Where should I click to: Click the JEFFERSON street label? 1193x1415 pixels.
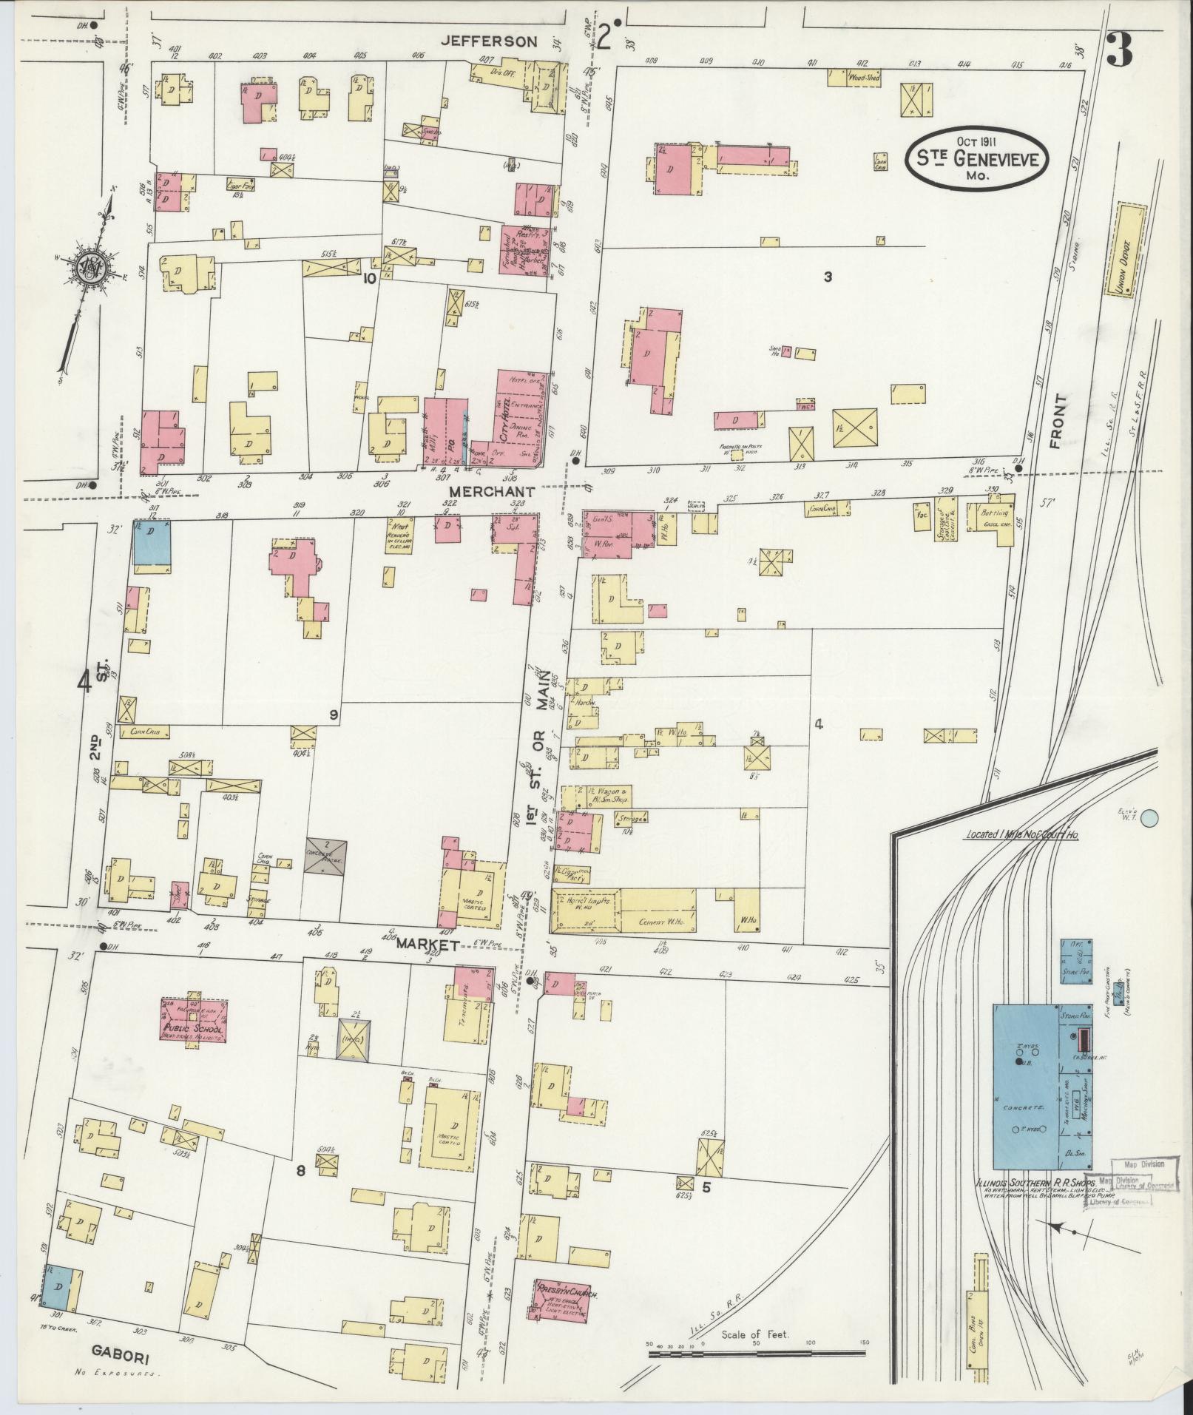tap(488, 42)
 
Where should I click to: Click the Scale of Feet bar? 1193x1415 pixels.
tap(756, 1353)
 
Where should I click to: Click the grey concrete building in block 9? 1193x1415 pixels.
tap(325, 858)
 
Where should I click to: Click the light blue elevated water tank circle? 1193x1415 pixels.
tap(1149, 818)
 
